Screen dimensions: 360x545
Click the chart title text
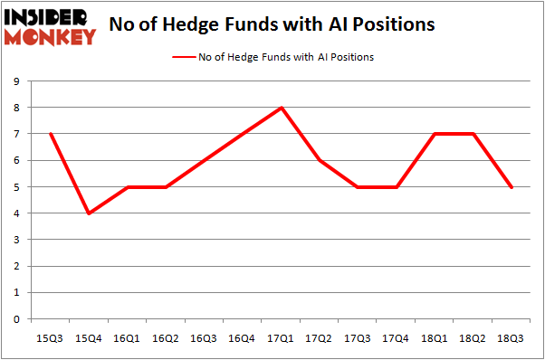(272, 24)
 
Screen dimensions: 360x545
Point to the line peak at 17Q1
(282, 108)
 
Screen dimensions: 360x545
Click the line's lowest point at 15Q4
(90, 213)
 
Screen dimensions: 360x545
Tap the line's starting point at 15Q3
(52, 134)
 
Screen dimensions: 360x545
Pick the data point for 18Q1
(436, 134)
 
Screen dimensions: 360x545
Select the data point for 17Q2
(320, 161)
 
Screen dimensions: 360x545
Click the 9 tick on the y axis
(18, 81)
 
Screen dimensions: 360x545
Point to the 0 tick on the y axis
(18, 319)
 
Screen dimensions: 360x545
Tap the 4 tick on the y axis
(18, 213)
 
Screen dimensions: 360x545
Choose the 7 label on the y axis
(18, 134)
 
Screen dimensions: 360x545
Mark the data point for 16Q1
(129, 187)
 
